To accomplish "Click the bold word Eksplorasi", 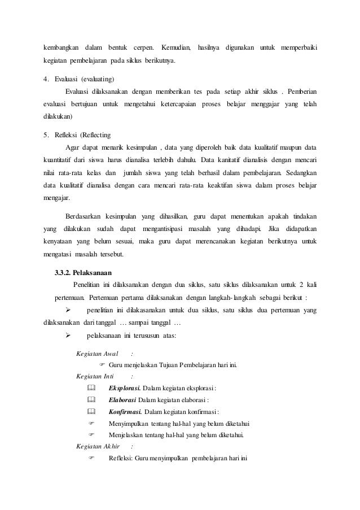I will click(125, 388).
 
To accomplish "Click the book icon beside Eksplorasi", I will click(93, 388).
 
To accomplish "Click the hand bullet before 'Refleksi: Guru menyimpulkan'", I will click(93, 457).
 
